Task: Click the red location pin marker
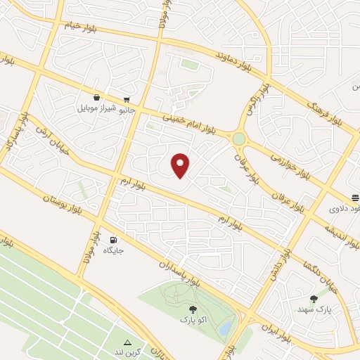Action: (x=181, y=165)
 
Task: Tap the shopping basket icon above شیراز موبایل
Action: (x=96, y=98)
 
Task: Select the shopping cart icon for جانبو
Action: (x=126, y=100)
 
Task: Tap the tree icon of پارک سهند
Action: (x=314, y=300)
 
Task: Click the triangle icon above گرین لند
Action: (x=128, y=342)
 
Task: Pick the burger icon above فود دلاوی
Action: (x=354, y=198)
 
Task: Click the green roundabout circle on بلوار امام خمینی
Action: (x=239, y=139)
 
